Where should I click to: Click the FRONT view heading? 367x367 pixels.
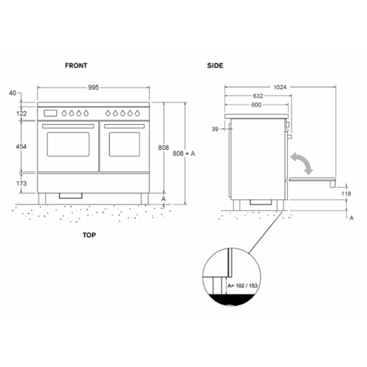tap(76, 65)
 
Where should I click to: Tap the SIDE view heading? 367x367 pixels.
tap(215, 65)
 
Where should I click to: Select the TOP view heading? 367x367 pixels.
tap(89, 235)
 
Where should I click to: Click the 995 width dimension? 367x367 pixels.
tap(93, 87)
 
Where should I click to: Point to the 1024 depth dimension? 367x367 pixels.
tap(280, 87)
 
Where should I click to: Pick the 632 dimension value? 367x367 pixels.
tap(258, 96)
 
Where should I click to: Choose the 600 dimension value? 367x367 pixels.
tap(256, 105)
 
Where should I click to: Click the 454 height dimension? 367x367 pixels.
tap(21, 147)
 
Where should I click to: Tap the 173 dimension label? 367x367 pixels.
tap(22, 183)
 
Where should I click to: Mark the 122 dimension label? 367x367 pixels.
tap(22, 114)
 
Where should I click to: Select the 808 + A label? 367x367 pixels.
tap(183, 154)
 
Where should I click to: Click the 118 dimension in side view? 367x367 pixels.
tap(346, 193)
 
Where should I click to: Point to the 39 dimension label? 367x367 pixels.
tap(215, 129)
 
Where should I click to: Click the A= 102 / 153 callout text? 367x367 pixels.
tap(242, 286)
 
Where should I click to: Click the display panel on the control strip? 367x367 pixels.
tap(50, 113)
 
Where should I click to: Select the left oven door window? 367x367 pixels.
tap(68, 144)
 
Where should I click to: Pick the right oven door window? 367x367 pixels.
tap(125, 144)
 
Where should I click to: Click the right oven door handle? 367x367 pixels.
tap(124, 126)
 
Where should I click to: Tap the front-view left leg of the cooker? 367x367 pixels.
tap(42, 199)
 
